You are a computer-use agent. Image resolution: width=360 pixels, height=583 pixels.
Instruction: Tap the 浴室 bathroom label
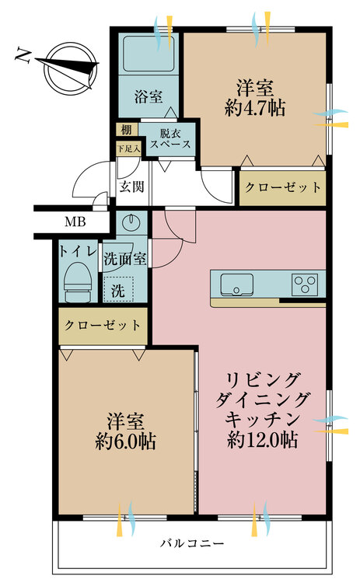point(148,97)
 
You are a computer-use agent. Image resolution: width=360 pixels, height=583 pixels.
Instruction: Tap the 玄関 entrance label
point(132,187)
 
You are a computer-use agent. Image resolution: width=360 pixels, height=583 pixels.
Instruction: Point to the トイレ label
point(77,251)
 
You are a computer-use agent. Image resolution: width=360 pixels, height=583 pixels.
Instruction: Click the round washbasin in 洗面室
point(130,221)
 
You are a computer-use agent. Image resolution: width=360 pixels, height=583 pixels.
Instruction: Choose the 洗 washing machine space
point(118,291)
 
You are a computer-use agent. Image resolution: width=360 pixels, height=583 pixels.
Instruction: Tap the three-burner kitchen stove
point(306,283)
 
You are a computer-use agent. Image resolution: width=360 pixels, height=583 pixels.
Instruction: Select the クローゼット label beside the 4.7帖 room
point(281,187)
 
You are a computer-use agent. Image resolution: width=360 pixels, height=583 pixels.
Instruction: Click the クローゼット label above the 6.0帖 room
point(103,325)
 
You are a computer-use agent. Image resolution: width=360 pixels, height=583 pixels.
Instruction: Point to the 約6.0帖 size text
point(124,442)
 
